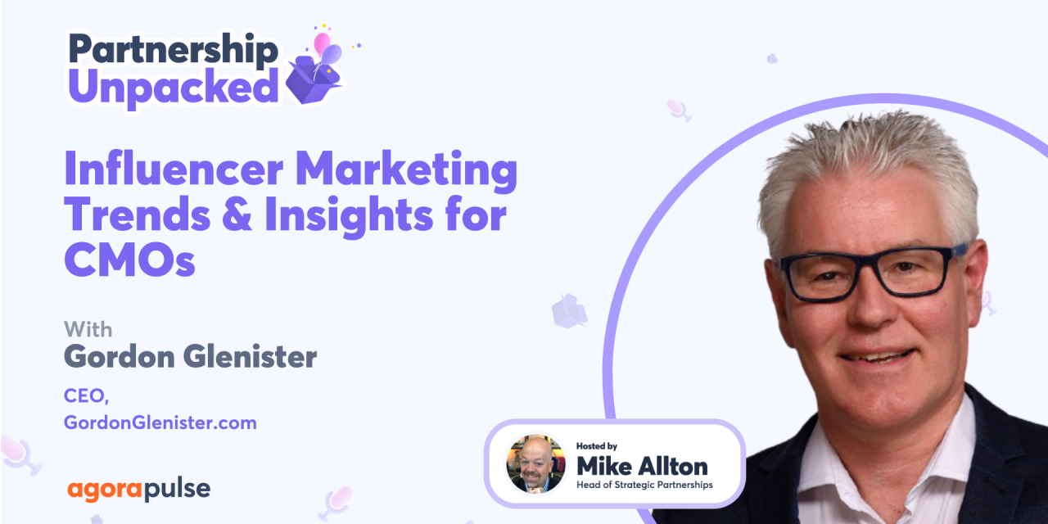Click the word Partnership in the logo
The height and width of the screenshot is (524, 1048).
point(173,50)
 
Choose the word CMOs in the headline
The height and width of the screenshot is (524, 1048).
point(130,260)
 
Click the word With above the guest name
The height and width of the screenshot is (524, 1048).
point(88,329)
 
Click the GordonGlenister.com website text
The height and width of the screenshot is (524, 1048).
point(160,422)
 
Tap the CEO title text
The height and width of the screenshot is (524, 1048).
point(86,395)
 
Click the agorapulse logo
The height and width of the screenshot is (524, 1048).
point(138,490)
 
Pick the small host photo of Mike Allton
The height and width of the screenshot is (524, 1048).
point(535,464)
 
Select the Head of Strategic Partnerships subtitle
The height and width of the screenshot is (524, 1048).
point(645,485)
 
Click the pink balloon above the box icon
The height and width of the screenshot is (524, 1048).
point(322,43)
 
